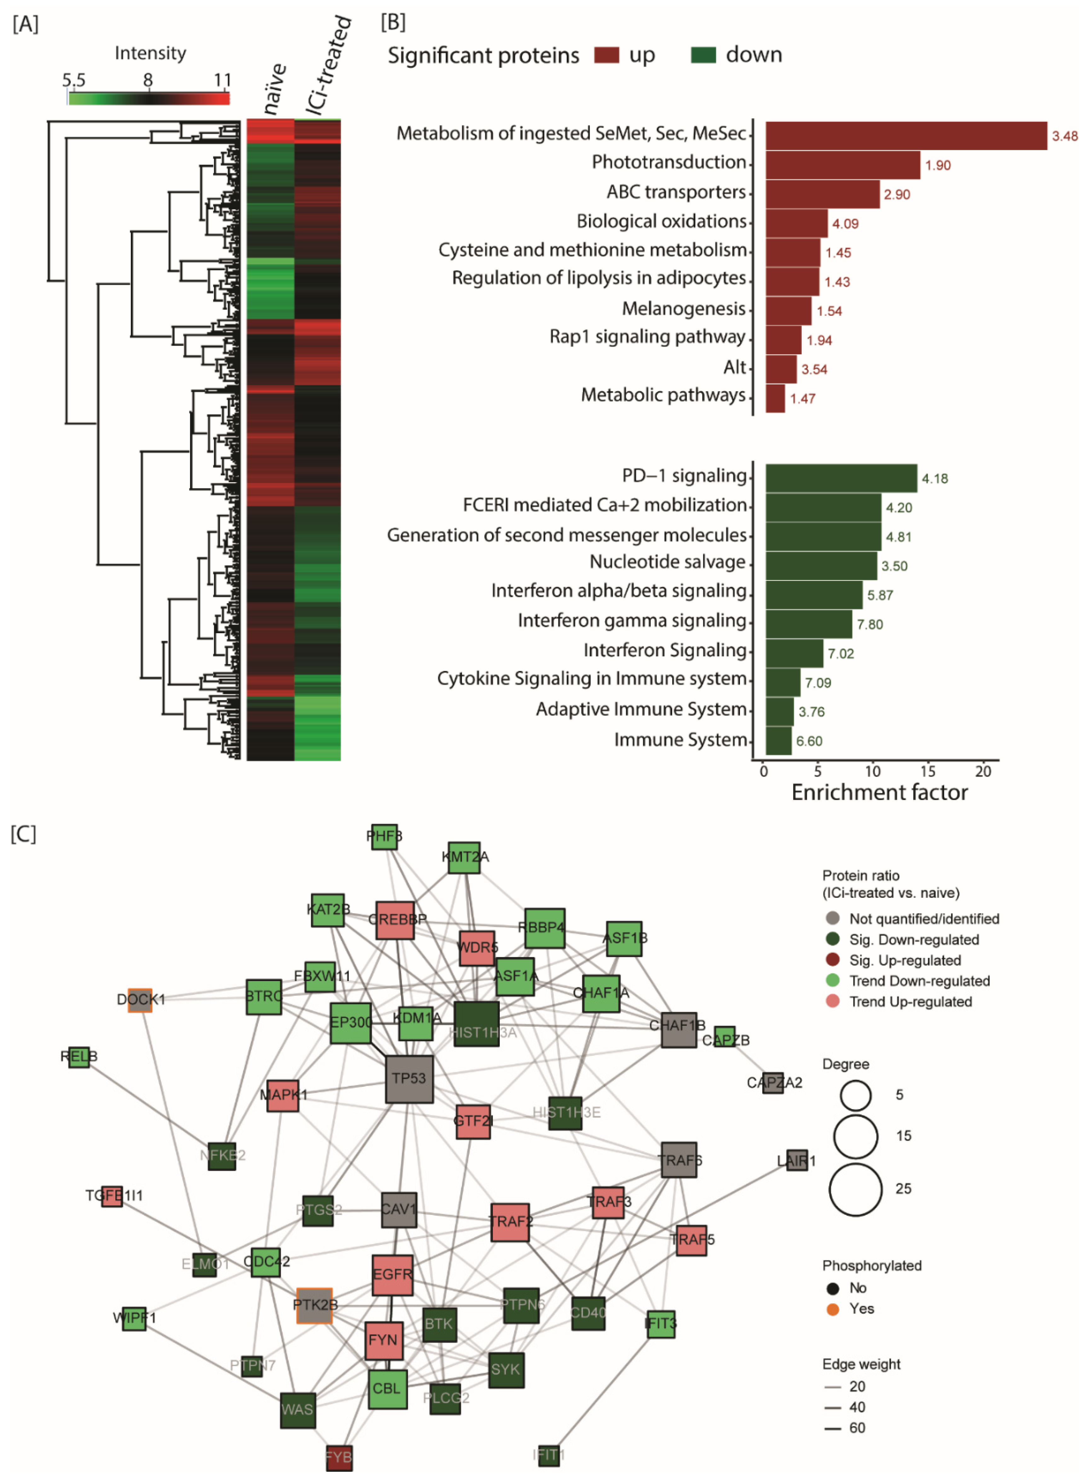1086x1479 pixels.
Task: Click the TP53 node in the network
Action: (409, 1079)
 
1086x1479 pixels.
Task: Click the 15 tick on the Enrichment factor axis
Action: (927, 771)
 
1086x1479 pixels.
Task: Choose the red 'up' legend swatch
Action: (606, 55)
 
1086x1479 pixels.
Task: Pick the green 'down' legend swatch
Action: (703, 55)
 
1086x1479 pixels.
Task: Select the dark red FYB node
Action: (339, 1457)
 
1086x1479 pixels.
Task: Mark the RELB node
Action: (79, 1057)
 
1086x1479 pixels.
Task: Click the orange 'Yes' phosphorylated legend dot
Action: (832, 1309)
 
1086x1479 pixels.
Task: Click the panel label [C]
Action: (24, 834)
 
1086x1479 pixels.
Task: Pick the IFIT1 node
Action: (548, 1455)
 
